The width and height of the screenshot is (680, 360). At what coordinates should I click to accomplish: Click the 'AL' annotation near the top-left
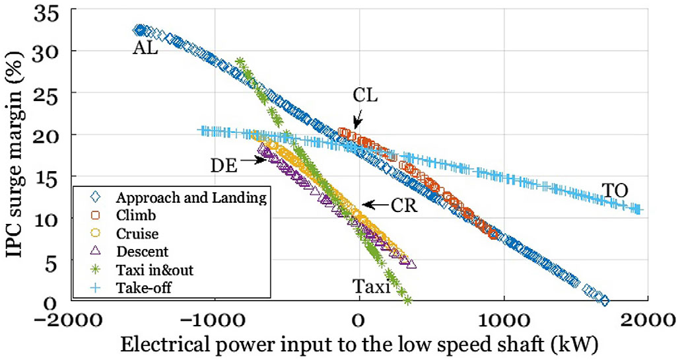pos(145,48)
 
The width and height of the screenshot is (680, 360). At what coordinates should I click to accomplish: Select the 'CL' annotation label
pos(364,95)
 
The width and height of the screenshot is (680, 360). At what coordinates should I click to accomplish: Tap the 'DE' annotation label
pos(224,165)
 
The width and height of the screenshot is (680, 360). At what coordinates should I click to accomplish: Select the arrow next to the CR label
pos(376,205)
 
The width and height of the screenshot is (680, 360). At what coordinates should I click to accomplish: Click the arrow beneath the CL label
pos(357,120)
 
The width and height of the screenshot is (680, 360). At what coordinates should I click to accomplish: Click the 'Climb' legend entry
pos(132,215)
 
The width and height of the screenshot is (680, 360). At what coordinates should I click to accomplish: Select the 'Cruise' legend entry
pos(135,233)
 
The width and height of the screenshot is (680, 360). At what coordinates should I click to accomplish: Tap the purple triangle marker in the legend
pos(95,251)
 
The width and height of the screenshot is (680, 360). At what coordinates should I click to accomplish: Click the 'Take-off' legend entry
pos(138,287)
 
